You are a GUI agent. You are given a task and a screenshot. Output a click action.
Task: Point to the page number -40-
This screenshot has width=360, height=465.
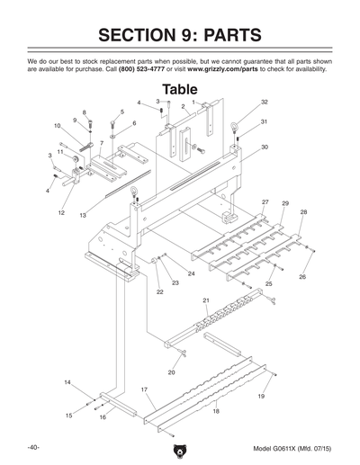pyautogui.click(x=32, y=447)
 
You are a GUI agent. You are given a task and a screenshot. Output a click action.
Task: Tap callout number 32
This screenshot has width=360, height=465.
pyautogui.click(x=265, y=102)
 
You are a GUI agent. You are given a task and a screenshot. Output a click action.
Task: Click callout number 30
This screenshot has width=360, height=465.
pyautogui.click(x=265, y=147)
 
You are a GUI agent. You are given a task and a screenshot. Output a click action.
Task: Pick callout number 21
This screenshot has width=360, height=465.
pyautogui.click(x=205, y=300)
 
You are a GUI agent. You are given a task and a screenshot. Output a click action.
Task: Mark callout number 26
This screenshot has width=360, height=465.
pyautogui.click(x=302, y=277)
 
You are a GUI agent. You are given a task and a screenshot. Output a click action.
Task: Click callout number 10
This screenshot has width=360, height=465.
pyautogui.click(x=57, y=126)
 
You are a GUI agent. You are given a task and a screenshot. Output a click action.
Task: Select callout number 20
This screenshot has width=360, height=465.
pyautogui.click(x=171, y=371)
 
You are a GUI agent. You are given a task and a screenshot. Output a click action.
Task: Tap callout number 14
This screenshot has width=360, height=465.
pyautogui.click(x=67, y=383)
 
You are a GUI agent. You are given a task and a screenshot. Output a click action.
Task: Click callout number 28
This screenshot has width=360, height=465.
pyautogui.click(x=303, y=212)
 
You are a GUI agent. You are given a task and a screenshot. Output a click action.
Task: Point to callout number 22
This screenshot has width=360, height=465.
pyautogui.click(x=159, y=292)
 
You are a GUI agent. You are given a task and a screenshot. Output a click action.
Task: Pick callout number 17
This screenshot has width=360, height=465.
pyautogui.click(x=144, y=389)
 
